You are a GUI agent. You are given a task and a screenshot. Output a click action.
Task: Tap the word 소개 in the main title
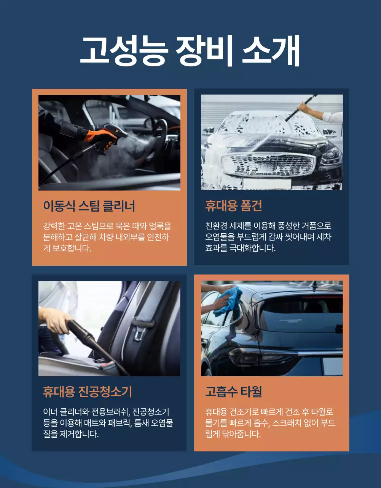tap(271, 51)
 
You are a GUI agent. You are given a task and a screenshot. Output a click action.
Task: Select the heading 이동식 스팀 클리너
tap(89, 206)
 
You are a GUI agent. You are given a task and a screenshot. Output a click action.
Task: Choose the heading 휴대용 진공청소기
tap(87, 392)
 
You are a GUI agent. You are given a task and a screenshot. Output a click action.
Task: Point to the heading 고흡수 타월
tap(233, 392)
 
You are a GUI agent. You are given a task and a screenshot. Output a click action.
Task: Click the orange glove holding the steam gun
tap(100, 137)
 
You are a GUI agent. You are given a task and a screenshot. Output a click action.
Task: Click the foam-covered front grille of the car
tap(268, 165)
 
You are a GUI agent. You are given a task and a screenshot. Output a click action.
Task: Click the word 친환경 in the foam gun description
tap(217, 226)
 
